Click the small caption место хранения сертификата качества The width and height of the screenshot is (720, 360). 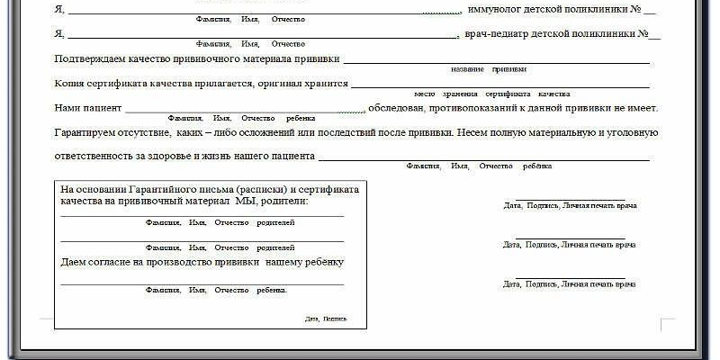coord(492,94)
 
